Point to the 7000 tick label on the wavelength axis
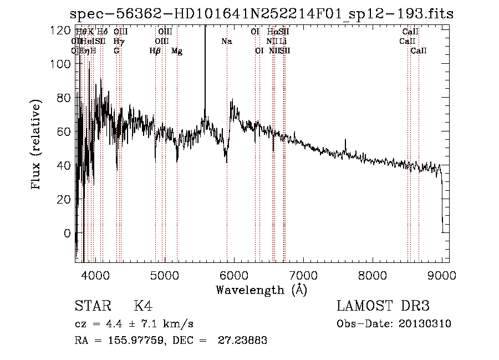(303, 275)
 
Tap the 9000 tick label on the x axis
(441, 275)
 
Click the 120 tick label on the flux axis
(59, 30)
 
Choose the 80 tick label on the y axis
(63, 98)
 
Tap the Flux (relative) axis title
(37, 145)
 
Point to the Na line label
(226, 42)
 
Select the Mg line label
(177, 51)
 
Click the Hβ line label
(155, 51)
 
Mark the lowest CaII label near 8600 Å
(419, 51)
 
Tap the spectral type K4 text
(143, 306)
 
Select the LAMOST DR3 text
(383, 306)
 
